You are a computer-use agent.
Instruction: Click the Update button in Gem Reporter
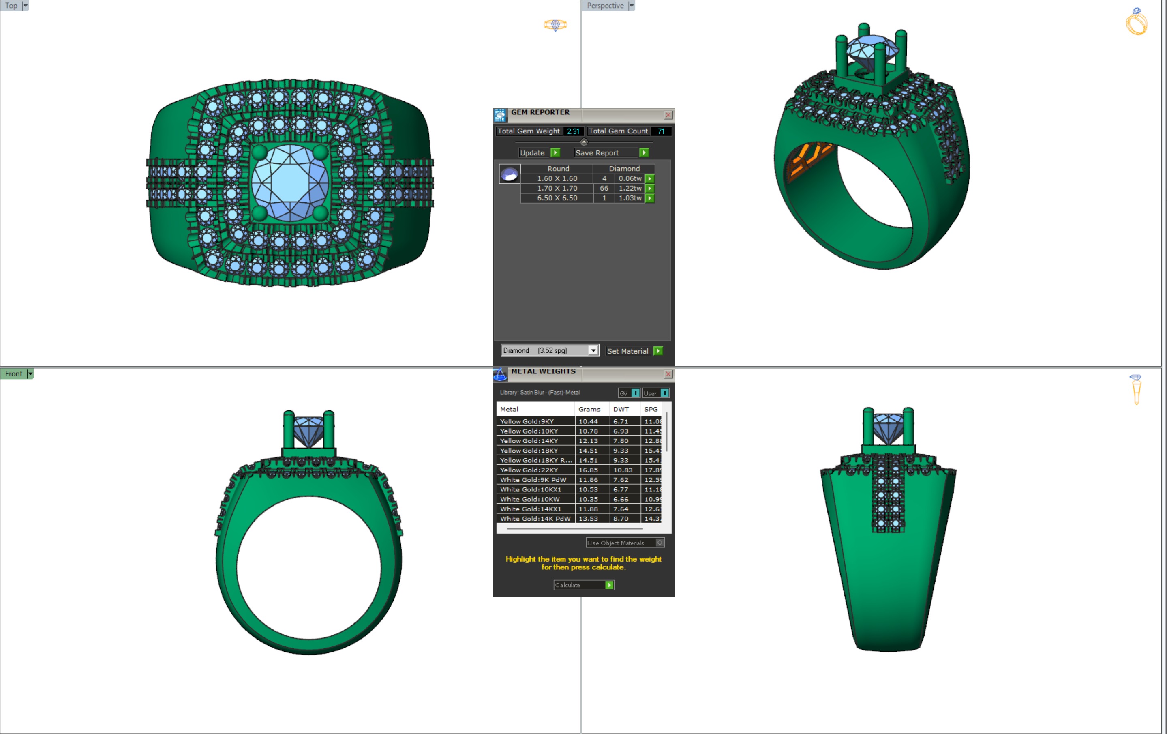[538, 153]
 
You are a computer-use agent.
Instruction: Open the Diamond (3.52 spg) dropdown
[593, 350]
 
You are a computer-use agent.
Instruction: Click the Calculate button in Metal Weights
[583, 585]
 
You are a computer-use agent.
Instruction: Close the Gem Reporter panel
[668, 115]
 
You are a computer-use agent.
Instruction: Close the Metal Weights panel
[668, 374]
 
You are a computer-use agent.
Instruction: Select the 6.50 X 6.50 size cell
[557, 198]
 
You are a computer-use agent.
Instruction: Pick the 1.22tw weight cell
[630, 188]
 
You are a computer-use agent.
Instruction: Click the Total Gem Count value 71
[661, 131]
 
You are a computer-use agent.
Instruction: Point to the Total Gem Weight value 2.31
[573, 131]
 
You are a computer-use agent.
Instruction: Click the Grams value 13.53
[588, 518]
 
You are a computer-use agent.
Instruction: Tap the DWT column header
[621, 409]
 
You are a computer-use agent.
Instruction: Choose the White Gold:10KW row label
[530, 499]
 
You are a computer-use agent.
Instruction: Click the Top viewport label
[11, 6]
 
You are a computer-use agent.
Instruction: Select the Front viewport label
[13, 374]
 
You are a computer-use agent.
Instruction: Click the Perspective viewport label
[605, 6]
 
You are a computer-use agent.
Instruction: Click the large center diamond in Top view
[290, 183]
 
